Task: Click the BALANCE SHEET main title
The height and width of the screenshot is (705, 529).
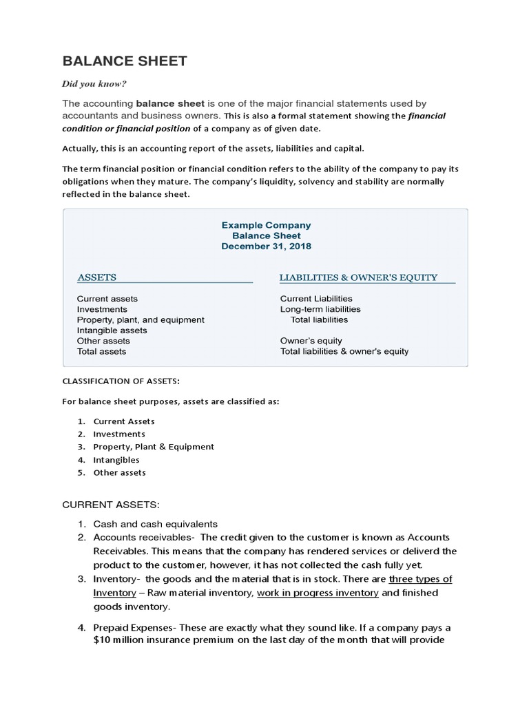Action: click(x=125, y=61)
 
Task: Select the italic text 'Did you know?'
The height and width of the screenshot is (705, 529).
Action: click(x=94, y=84)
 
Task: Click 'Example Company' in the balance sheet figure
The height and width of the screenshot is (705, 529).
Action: click(x=266, y=225)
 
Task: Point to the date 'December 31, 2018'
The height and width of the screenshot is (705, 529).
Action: click(x=266, y=246)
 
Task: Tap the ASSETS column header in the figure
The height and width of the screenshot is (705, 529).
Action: click(x=96, y=277)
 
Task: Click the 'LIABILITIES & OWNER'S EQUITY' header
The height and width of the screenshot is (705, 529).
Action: click(x=358, y=277)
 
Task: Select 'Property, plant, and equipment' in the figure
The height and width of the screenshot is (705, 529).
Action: click(x=141, y=320)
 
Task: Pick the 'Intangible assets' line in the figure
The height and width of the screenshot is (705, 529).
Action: click(x=112, y=330)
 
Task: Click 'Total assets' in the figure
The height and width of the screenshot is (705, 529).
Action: click(x=101, y=351)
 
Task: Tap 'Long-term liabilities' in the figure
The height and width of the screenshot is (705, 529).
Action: click(x=320, y=309)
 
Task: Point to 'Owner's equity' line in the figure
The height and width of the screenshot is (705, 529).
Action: click(x=311, y=341)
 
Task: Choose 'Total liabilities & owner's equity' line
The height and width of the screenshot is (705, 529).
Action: click(x=344, y=351)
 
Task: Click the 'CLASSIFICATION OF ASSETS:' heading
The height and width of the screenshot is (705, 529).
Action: click(x=120, y=381)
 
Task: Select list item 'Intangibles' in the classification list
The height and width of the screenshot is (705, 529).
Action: click(x=116, y=460)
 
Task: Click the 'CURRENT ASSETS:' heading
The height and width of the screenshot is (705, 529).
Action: click(x=111, y=505)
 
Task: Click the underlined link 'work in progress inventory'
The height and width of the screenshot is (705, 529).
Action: click(x=318, y=593)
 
